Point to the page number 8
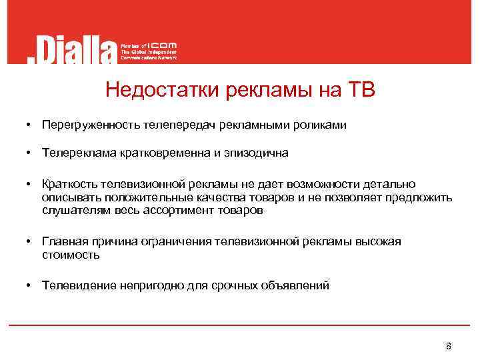click(448, 346)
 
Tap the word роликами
click(323, 125)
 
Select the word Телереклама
click(79, 153)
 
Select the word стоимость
click(70, 254)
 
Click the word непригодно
click(142, 285)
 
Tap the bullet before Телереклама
click(30, 153)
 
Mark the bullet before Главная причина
click(30, 241)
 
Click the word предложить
click(421, 197)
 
